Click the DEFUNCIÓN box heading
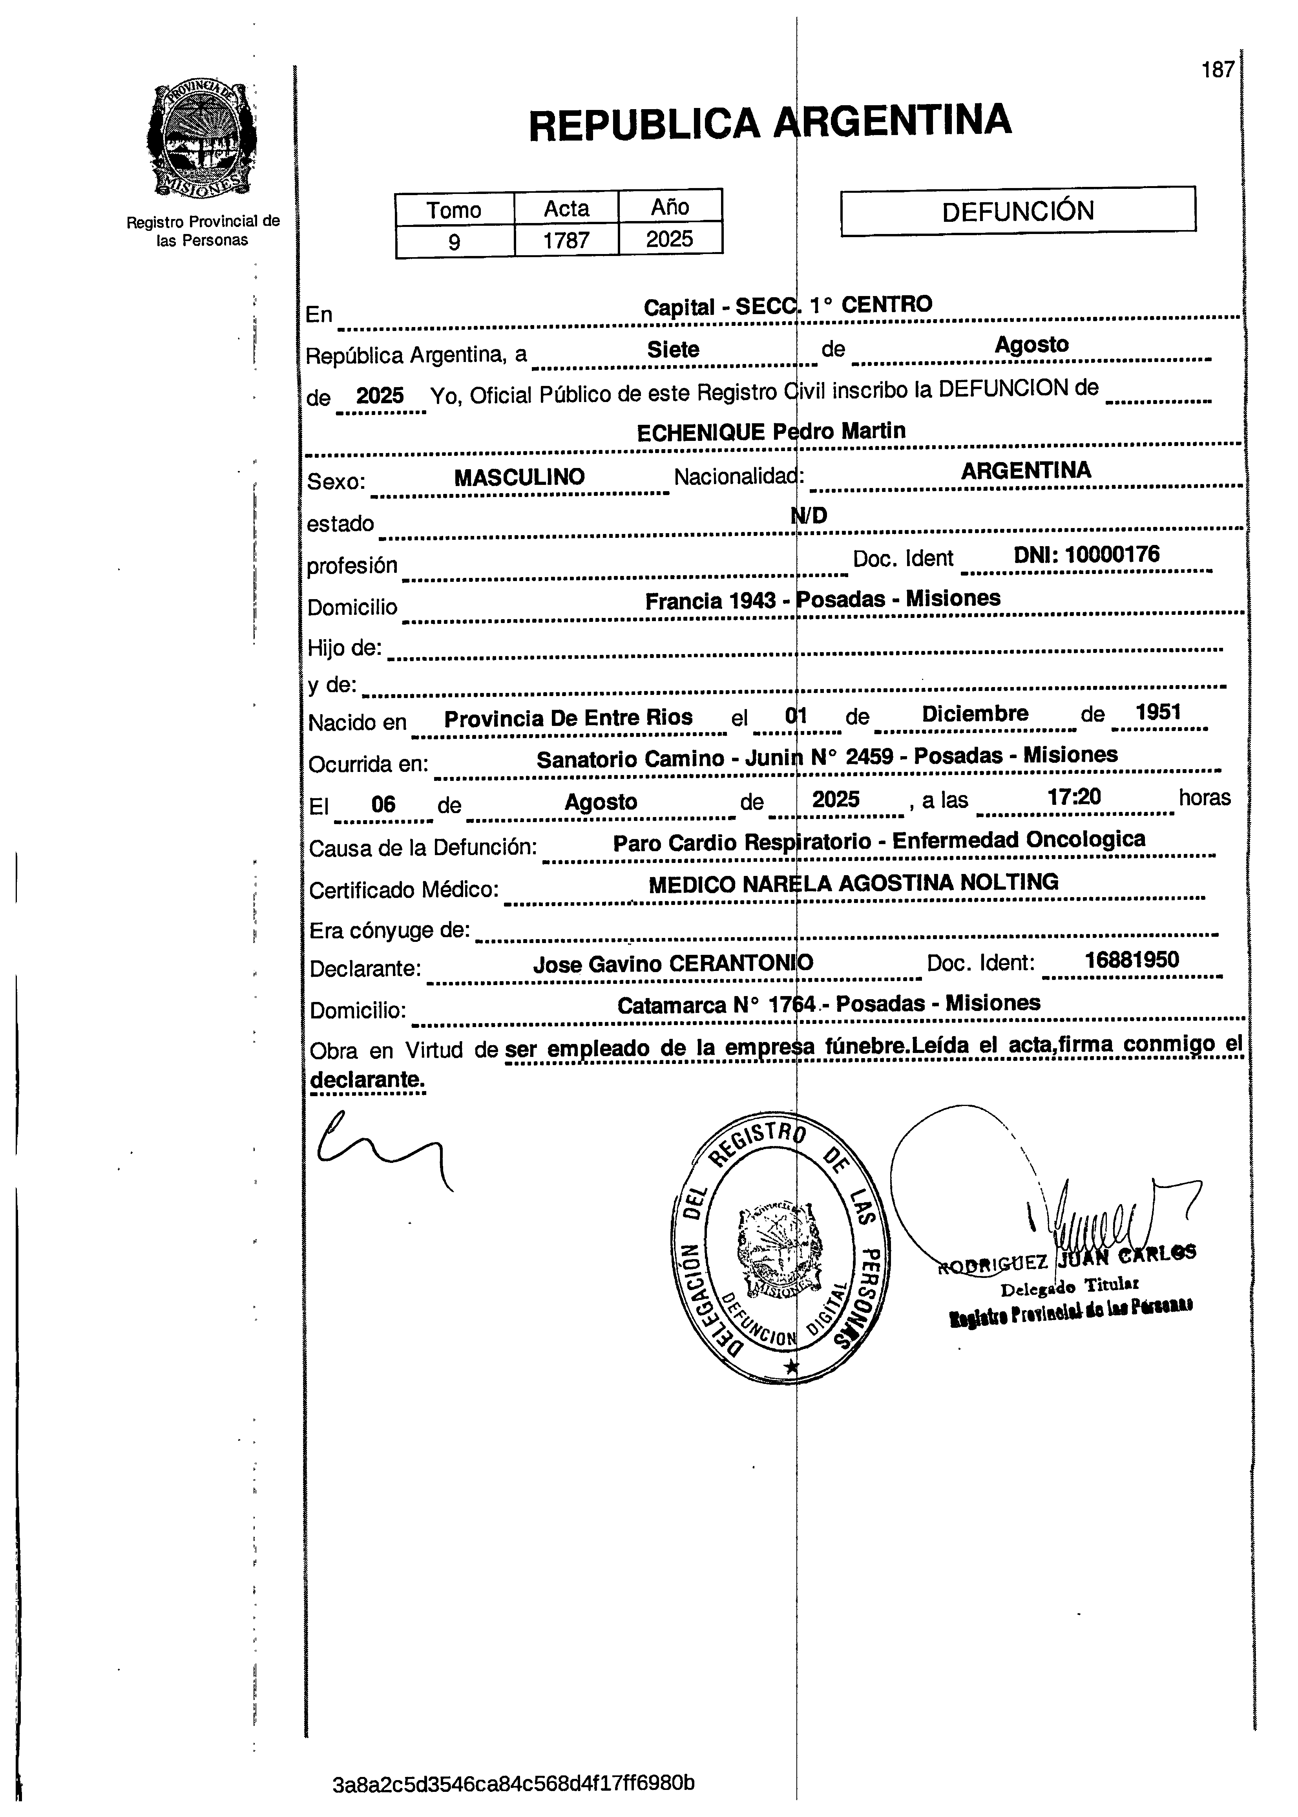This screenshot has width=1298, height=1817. click(1017, 211)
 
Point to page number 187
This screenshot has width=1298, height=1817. click(1217, 70)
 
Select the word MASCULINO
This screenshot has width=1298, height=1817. click(520, 477)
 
